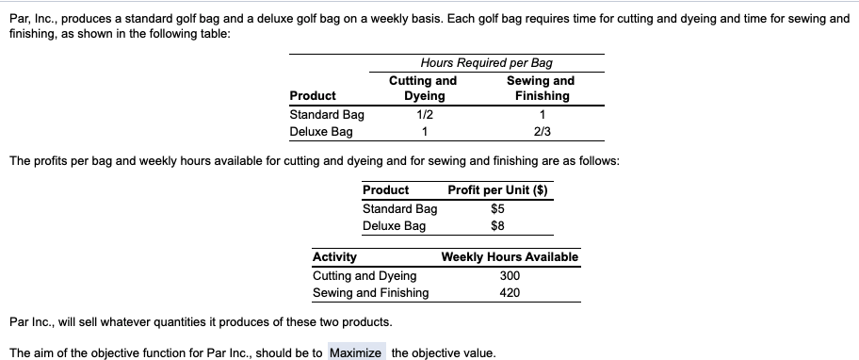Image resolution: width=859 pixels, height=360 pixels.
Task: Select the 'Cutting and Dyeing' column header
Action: [x=423, y=89]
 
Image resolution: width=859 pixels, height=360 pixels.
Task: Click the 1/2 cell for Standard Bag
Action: [x=423, y=114]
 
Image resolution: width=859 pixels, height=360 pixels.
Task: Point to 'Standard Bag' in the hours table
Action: [x=327, y=114]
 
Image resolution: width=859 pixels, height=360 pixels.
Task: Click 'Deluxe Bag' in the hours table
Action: [x=321, y=131]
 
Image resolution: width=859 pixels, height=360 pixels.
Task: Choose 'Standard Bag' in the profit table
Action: [x=399, y=208]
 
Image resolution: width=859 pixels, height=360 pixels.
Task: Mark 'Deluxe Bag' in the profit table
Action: [x=394, y=225]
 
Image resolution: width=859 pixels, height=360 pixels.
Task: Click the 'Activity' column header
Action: [x=334, y=257]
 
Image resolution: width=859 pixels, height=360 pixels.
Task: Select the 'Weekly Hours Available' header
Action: [x=510, y=257]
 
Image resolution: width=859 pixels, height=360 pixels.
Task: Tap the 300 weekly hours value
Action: [x=510, y=275]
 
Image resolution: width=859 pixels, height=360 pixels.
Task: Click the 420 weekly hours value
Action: [x=510, y=292]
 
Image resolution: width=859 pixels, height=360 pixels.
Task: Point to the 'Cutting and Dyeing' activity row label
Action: [x=364, y=275]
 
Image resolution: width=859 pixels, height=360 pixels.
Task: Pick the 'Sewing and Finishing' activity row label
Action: [x=370, y=292]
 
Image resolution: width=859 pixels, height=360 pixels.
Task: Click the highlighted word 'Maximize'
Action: [x=356, y=353]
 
